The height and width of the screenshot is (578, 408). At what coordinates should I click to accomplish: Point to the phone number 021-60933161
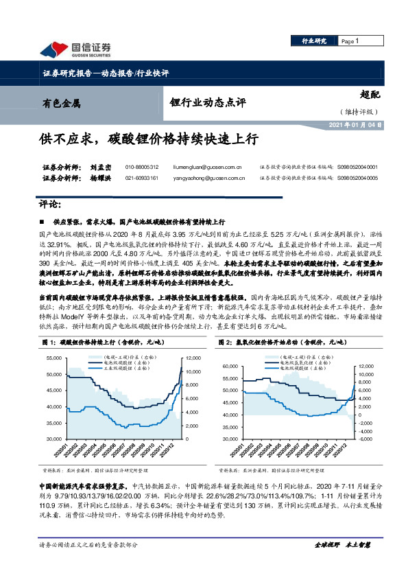142,178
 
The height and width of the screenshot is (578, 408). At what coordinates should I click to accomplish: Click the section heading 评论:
52,204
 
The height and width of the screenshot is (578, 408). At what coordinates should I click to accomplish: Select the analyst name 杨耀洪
80,178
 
